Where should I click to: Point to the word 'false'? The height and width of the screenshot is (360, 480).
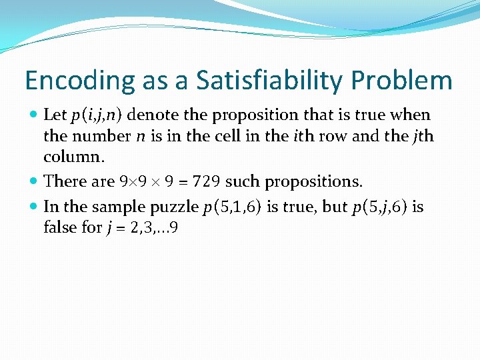click(x=60, y=228)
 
